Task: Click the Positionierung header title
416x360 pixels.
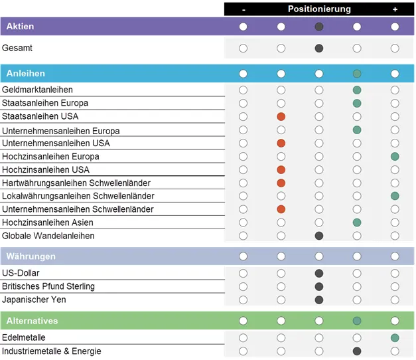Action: point(319,9)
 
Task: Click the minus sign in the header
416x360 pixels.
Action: point(243,9)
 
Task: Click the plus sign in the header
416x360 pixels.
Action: point(395,9)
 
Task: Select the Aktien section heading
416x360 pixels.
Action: point(21,27)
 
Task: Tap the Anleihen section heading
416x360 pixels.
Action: point(26,74)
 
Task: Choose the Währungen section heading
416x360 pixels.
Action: point(31,256)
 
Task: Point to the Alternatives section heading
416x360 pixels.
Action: point(32,321)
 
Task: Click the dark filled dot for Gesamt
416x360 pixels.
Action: point(319,48)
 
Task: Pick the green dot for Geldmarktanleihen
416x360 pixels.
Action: point(357,90)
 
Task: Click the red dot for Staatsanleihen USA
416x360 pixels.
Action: point(281,116)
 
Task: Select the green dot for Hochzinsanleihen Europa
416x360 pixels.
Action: point(395,156)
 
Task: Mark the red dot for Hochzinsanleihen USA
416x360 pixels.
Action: point(281,169)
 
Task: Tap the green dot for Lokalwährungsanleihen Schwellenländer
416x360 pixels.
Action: point(395,196)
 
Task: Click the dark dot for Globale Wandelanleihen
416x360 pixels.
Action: point(319,236)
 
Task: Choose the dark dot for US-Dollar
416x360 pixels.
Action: point(319,273)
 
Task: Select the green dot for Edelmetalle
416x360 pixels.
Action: point(395,338)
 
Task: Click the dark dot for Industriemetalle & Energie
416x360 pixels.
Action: point(357,351)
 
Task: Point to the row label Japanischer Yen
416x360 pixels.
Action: point(34,300)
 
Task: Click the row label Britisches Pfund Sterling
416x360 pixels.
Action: point(48,286)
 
